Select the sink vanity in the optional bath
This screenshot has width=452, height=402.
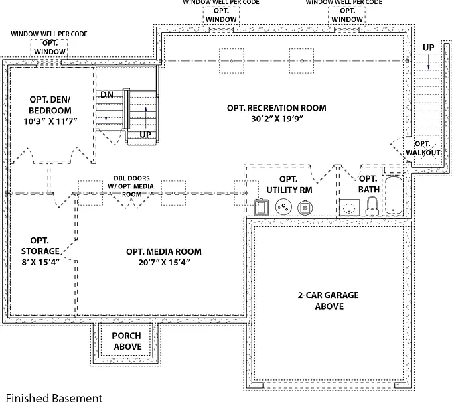coord(348,208)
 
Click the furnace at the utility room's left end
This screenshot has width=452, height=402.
coord(261,207)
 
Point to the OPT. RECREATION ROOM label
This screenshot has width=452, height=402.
coord(277,107)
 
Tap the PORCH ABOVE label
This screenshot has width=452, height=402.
coord(127,341)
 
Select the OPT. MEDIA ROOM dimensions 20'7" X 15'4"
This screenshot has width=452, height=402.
coord(163,262)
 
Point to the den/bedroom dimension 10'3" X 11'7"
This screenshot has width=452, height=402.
coord(50,122)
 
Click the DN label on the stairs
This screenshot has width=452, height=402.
coord(107,95)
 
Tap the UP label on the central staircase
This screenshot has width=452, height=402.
coord(145,135)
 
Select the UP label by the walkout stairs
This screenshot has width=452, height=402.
coord(427,47)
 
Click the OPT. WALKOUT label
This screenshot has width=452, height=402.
coord(423,148)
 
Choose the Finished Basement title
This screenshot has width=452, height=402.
coord(54,397)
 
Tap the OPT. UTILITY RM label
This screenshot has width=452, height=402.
coord(288,184)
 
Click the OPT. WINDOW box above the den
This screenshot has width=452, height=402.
coord(50,47)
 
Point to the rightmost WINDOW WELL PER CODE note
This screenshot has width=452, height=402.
coord(344,3)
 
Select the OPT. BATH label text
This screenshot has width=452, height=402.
coord(368,184)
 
